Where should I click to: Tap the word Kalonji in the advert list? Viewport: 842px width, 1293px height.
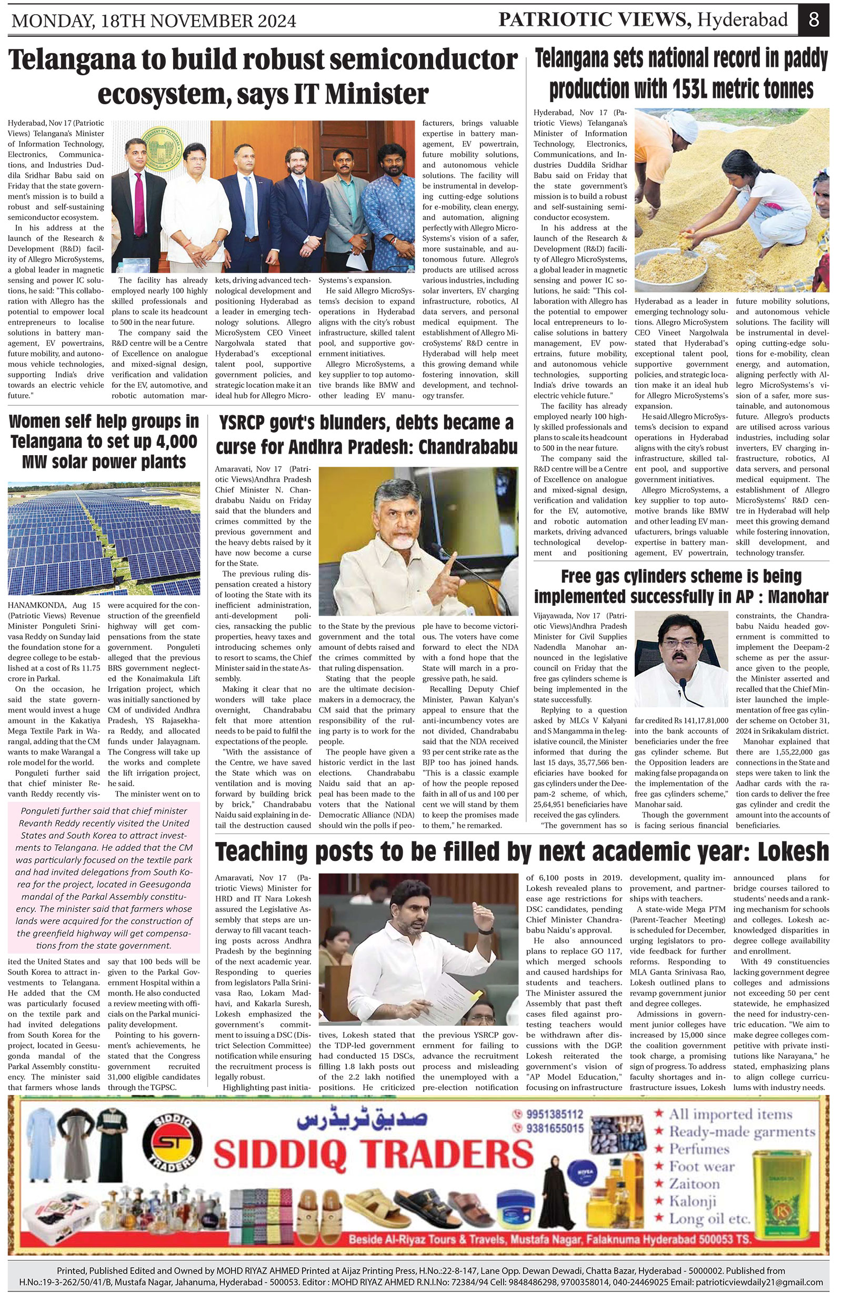[693, 1201]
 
